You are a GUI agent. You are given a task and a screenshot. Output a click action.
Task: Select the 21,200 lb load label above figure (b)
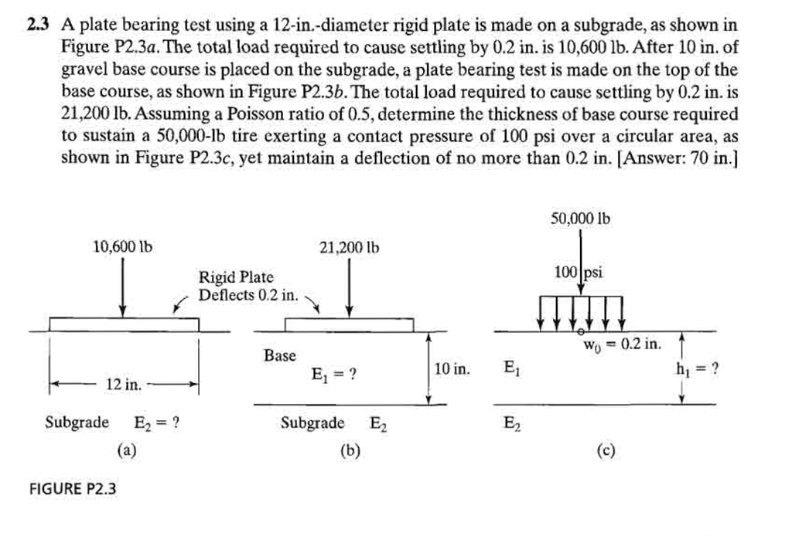[x=349, y=248]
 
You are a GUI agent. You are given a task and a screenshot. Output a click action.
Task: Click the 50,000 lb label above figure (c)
[x=580, y=219]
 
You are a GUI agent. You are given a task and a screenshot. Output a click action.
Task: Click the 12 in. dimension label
[x=123, y=384]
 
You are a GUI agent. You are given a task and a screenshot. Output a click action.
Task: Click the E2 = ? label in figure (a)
[x=157, y=422]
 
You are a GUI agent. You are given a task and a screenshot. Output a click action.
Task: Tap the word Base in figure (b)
[x=279, y=356]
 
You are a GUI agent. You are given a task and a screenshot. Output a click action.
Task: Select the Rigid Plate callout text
[x=236, y=277]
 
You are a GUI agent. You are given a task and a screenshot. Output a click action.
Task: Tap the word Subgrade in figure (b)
[x=312, y=422]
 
